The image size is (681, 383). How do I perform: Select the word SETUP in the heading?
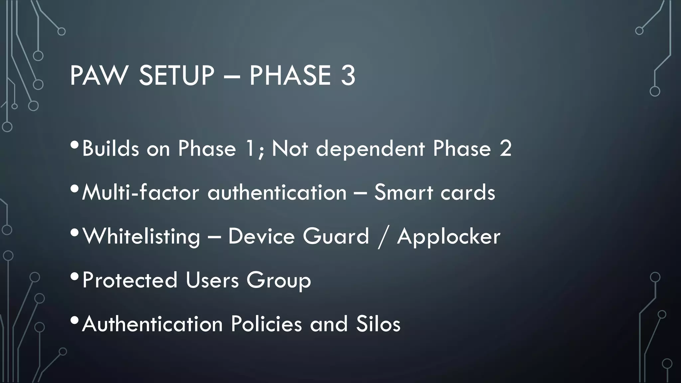[176, 76]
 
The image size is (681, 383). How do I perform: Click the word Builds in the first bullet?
[110, 148]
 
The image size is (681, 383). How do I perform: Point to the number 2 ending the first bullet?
[505, 148]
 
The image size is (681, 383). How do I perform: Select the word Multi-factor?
[140, 192]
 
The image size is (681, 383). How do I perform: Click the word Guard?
[336, 236]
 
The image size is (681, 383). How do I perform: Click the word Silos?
[378, 324]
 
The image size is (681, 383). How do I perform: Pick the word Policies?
[266, 324]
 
